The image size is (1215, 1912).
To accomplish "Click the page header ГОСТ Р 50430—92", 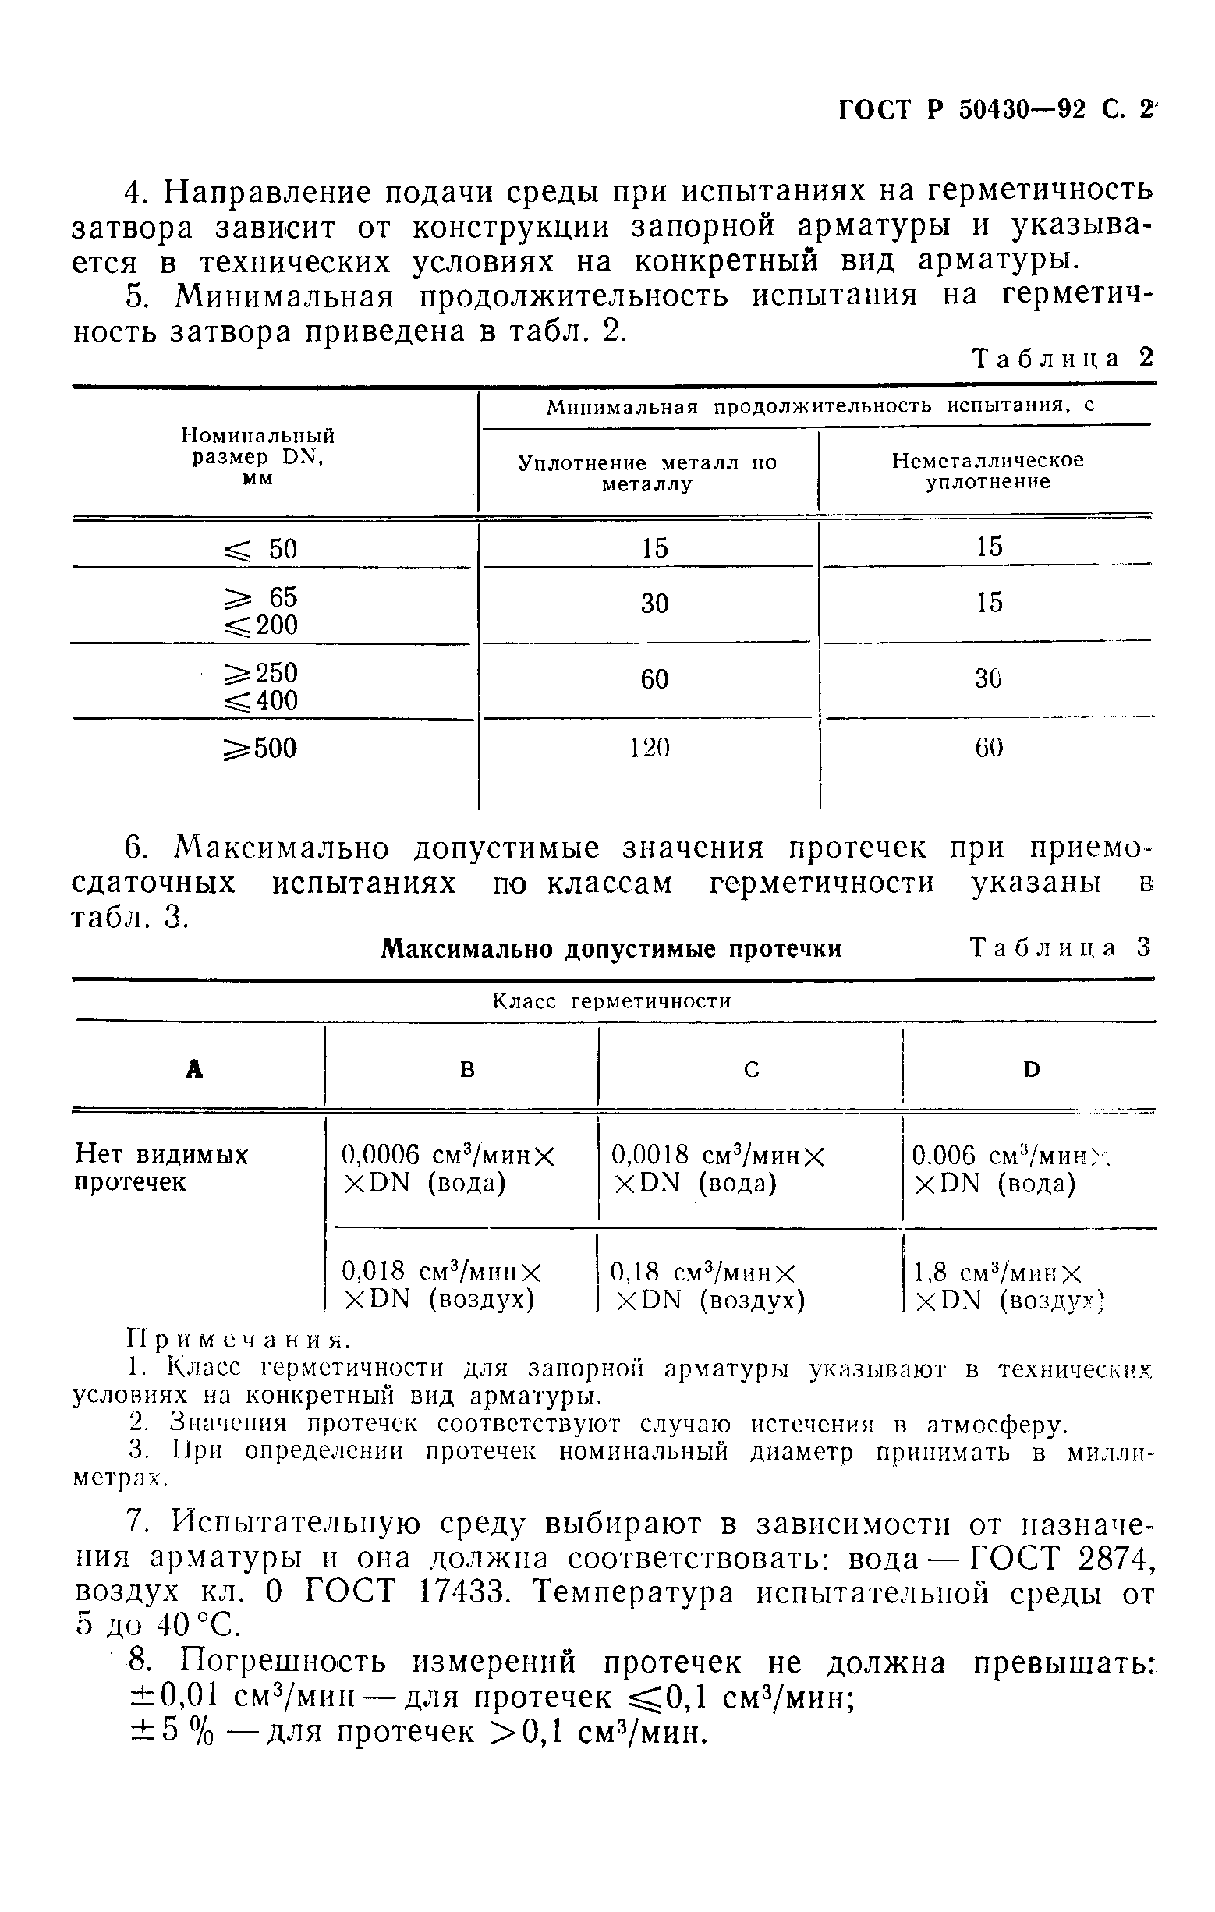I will [961, 110].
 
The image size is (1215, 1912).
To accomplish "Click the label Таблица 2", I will [1061, 359].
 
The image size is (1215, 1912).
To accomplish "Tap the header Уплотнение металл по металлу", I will [647, 473].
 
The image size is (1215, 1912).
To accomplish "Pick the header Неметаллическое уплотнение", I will [987, 472].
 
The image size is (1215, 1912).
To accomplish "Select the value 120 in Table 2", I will [650, 748].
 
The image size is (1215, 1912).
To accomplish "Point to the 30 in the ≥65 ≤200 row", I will [654, 604].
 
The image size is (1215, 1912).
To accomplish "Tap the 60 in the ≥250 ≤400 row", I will [654, 680].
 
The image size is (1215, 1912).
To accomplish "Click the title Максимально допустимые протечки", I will [611, 949].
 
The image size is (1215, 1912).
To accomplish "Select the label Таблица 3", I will [1060, 948].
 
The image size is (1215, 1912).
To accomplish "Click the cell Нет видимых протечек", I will [161, 1168].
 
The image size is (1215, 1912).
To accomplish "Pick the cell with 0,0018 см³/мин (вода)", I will [717, 1168].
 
